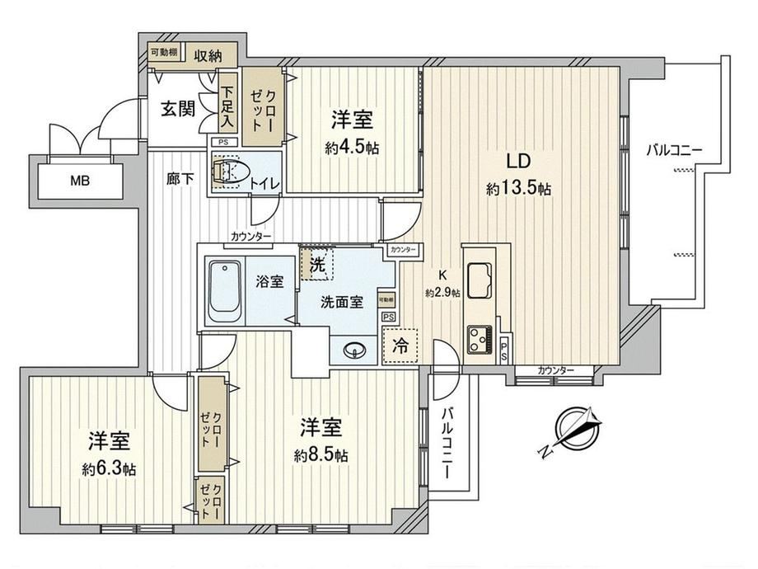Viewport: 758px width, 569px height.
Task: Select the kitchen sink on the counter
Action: point(479,280)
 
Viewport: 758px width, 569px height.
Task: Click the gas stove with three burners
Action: point(479,340)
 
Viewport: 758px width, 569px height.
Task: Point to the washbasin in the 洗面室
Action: point(353,350)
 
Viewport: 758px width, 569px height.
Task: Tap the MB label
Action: point(80,181)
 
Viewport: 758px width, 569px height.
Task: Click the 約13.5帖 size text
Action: point(518,189)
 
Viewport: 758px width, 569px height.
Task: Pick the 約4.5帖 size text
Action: point(352,148)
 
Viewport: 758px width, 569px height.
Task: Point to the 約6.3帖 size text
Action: point(108,469)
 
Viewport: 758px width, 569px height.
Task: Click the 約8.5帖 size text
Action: point(321,455)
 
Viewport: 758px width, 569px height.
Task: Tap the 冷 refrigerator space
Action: point(400,346)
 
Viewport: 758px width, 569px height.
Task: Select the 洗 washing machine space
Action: point(317,264)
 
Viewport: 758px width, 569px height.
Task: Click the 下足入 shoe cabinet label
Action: point(227,107)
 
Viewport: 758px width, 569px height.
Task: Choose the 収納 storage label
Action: point(208,55)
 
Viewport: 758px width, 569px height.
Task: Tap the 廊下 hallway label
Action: point(180,180)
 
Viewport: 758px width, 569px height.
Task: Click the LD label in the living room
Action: point(519,161)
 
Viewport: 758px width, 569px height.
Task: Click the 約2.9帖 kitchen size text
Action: point(442,293)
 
